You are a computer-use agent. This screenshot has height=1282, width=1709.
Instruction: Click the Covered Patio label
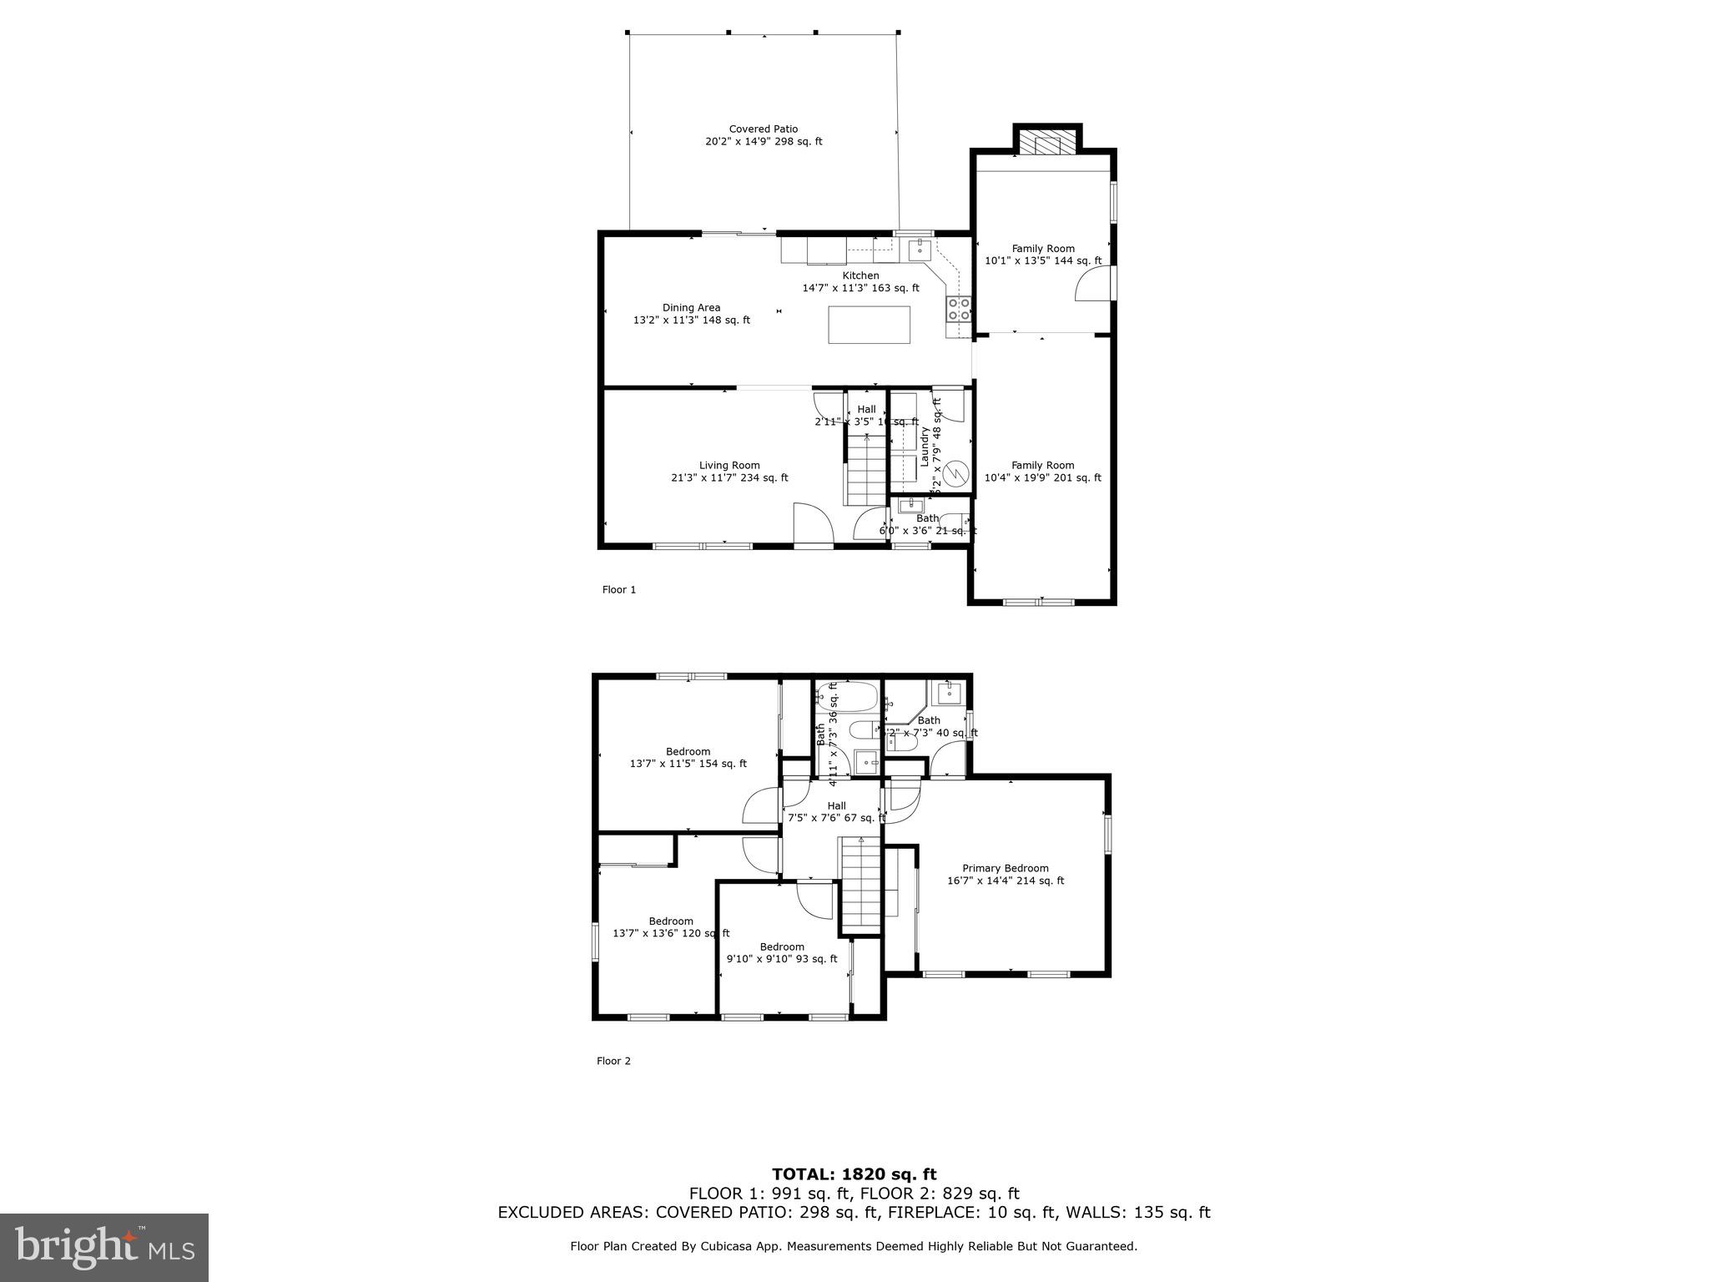[763, 129]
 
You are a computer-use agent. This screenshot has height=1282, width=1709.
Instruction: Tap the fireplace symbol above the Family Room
[1047, 145]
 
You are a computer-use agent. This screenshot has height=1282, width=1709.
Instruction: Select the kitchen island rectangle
[869, 325]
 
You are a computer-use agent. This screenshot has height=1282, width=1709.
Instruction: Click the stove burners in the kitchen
[959, 310]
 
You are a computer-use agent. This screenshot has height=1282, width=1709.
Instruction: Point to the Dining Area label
[691, 308]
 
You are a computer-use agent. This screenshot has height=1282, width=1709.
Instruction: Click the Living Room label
[729, 466]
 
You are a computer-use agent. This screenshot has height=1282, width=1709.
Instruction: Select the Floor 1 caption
[619, 590]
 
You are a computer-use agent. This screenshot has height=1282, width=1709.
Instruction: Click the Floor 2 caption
[613, 1062]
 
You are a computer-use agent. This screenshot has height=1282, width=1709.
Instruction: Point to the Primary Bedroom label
[1005, 869]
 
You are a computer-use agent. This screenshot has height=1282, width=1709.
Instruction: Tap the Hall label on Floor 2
[836, 806]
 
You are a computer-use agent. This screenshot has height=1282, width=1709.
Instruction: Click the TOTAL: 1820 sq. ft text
[854, 1174]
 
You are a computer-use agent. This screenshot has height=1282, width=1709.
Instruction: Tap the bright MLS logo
[104, 1248]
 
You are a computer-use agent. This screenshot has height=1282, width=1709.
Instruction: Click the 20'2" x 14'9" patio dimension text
[764, 142]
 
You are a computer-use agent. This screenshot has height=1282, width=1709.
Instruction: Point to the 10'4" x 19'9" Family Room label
[1042, 472]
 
